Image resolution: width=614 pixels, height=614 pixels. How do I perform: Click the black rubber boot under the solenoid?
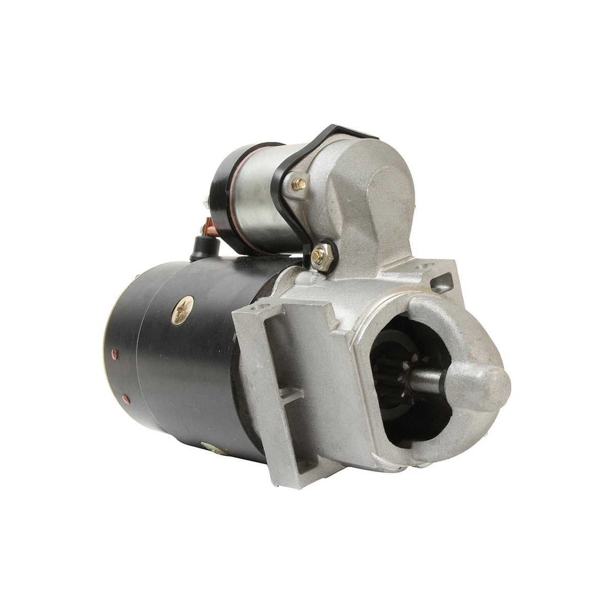(200, 250)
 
